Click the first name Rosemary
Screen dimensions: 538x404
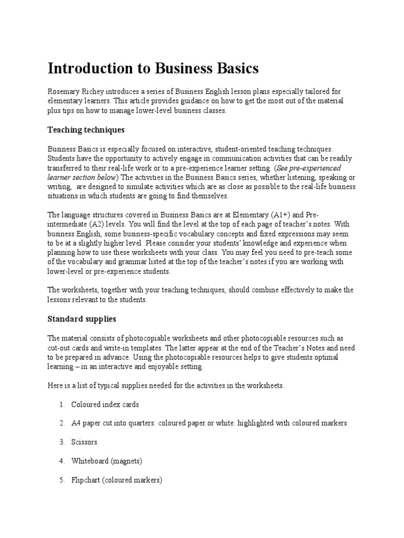pyautogui.click(x=65, y=91)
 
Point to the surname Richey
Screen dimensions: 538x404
pyautogui.click(x=96, y=91)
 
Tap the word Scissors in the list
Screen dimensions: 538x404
pyautogui.click(x=84, y=442)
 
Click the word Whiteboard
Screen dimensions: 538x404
pyautogui.click(x=90, y=461)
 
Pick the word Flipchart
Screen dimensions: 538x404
pyautogui.click(x=86, y=480)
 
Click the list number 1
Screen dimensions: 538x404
pyautogui.click(x=61, y=405)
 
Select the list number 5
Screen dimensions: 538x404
pyautogui.click(x=61, y=480)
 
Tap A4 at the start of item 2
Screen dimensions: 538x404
pyautogui.click(x=77, y=423)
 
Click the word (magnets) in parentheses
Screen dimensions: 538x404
pyautogui.click(x=127, y=461)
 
